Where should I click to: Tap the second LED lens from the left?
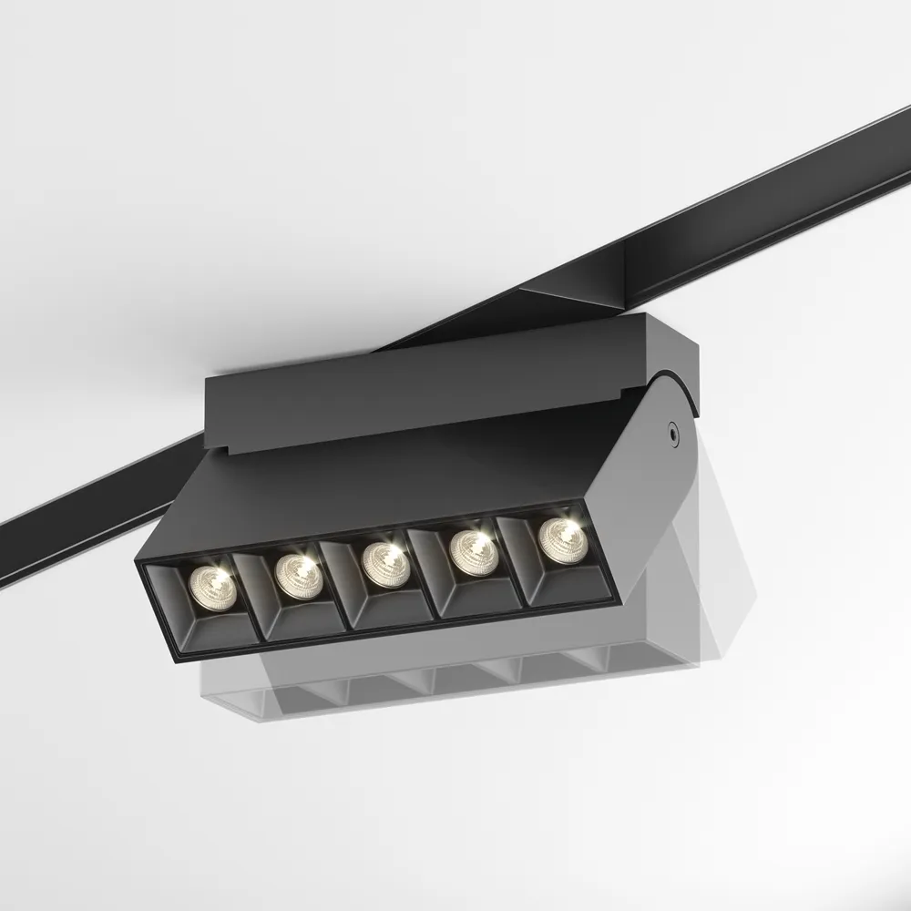[x=299, y=573]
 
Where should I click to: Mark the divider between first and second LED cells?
[x=247, y=601]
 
